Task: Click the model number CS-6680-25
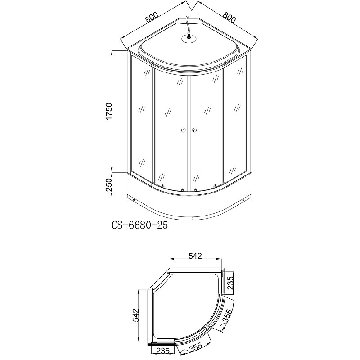(x=139, y=225)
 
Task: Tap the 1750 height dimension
(x=108, y=111)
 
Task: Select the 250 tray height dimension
(x=108, y=185)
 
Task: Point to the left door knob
(x=183, y=130)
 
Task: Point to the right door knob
(x=195, y=130)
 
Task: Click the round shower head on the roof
(x=189, y=38)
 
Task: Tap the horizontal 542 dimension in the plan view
(x=195, y=256)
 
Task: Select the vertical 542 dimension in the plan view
(x=136, y=315)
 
